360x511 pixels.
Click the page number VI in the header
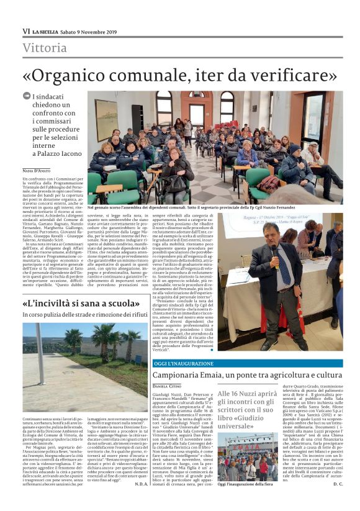tap(26, 31)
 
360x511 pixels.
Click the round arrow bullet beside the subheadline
tap(26, 96)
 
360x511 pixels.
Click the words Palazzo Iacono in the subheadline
tap(55, 154)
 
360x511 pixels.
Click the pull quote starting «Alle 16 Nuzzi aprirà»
tap(247, 409)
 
